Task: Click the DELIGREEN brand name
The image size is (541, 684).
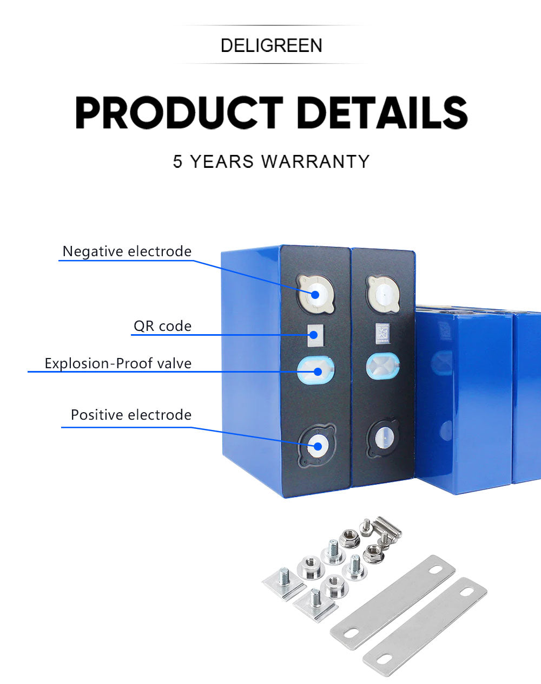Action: pos(272,45)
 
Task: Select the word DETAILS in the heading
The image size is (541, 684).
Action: pos(382,113)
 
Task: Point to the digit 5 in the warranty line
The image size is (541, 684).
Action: pos(177,161)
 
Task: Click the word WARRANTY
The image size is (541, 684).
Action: pos(315,161)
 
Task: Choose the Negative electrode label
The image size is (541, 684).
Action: pos(127,251)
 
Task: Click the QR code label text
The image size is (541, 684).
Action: pos(162,326)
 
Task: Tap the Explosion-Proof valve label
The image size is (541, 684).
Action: pos(118,363)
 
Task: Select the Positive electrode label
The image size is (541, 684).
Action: pos(131,415)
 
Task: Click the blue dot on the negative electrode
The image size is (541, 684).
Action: pos(315,295)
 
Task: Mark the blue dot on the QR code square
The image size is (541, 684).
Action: pos(314,335)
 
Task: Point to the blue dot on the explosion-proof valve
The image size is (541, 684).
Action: pos(318,371)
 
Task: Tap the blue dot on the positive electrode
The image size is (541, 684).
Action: pos(318,447)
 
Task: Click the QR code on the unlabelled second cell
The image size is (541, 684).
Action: pos(382,334)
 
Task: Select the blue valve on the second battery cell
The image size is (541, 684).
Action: pos(383,366)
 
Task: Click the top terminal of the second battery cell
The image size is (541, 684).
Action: pos(382,294)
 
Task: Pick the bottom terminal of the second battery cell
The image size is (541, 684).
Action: pos(383,438)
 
